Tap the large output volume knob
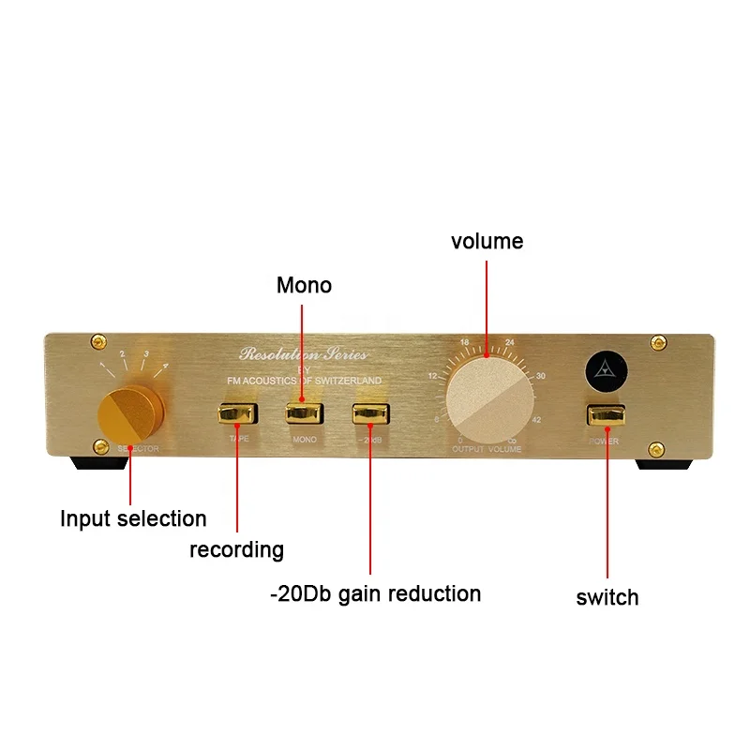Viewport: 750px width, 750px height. tap(487, 398)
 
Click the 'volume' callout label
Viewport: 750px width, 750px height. tap(487, 241)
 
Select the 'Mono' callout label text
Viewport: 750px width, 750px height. tap(304, 285)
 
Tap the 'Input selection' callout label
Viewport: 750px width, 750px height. tap(133, 518)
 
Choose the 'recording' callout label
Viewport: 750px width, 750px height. tap(236, 549)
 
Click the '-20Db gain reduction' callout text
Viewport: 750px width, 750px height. tap(374, 593)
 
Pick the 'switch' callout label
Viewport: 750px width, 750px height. tap(607, 597)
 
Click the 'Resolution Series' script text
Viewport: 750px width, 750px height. tap(304, 354)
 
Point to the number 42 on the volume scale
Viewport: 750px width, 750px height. tap(536, 421)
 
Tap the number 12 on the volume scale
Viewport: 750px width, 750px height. tap(433, 376)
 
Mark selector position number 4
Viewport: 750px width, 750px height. tap(166, 366)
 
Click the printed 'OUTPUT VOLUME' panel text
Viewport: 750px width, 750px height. tap(487, 450)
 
